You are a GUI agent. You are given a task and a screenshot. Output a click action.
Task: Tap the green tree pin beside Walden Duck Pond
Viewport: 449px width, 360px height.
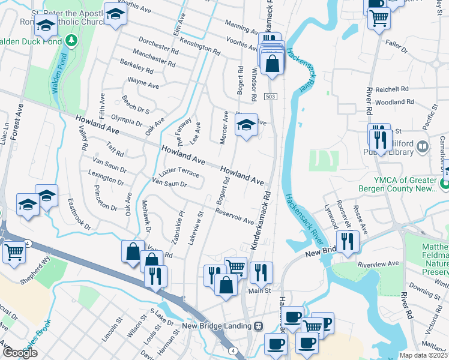(x=72, y=40)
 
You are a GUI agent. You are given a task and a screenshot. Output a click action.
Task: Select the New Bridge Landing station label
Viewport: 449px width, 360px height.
(x=220, y=326)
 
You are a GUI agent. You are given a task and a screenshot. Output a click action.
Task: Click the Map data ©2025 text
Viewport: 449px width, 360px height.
(x=424, y=355)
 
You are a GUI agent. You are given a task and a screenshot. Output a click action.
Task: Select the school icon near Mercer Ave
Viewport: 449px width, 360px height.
(x=246, y=125)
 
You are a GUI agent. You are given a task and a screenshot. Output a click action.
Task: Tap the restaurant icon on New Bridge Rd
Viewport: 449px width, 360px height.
(x=348, y=241)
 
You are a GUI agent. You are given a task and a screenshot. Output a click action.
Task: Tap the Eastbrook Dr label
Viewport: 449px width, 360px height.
(x=79, y=215)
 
